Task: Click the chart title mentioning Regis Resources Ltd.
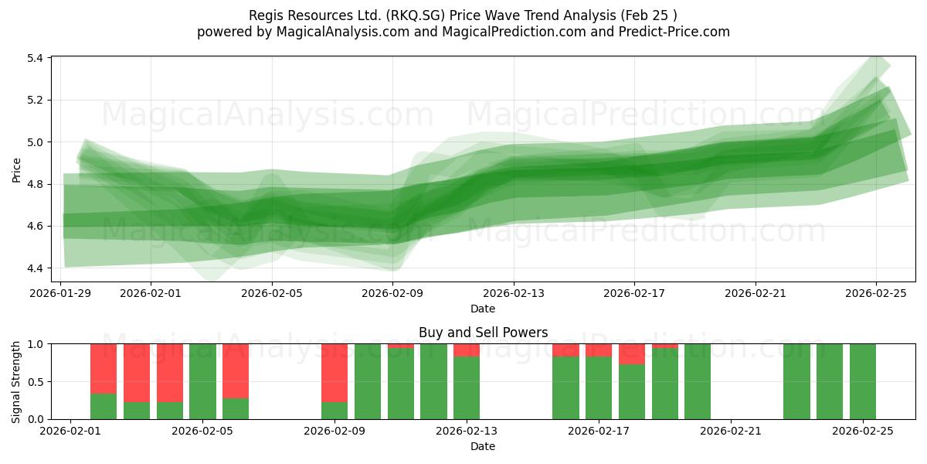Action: pos(463,15)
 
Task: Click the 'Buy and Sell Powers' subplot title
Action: pos(483,333)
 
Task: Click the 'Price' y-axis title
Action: pos(17,169)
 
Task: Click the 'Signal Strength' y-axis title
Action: pos(17,381)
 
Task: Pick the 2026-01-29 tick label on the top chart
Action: pos(61,293)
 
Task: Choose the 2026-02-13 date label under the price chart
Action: pos(514,293)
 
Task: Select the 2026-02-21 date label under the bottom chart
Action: pos(731,431)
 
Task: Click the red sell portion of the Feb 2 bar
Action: pos(104,369)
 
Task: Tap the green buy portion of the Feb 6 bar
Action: pos(236,408)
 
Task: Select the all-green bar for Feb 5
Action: pos(202,381)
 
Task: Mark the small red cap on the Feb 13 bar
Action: pos(467,350)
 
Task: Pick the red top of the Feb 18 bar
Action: pos(632,354)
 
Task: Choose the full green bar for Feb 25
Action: pos(863,381)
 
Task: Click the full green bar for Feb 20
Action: pos(698,381)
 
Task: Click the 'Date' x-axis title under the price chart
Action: pos(483,309)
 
